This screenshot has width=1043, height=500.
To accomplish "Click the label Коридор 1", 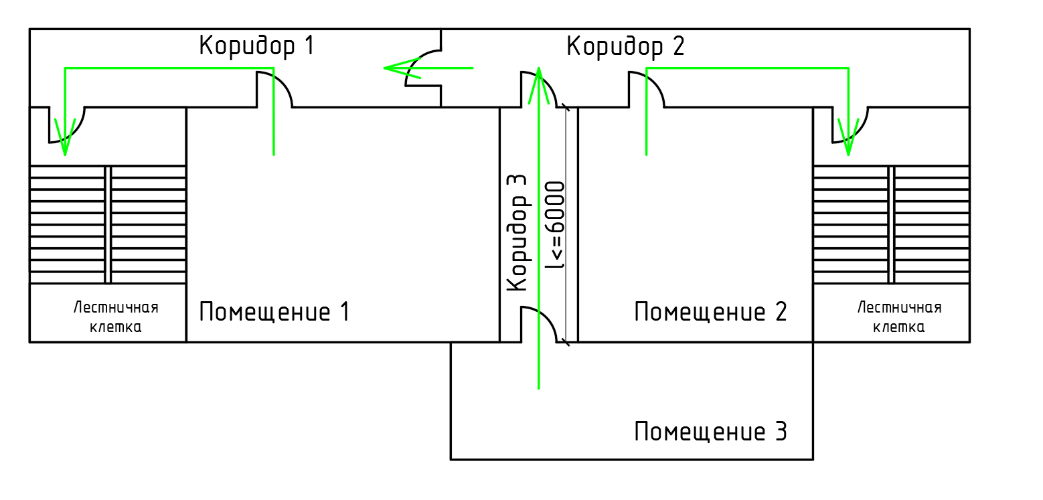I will [x=256, y=46].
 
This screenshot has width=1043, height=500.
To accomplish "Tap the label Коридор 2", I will [x=625, y=47].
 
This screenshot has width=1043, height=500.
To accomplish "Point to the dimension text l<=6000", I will [x=556, y=225].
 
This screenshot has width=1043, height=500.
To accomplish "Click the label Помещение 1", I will [x=274, y=312].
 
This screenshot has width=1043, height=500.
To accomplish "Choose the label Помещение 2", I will [x=710, y=312].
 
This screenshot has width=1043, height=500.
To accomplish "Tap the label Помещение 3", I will [x=710, y=432].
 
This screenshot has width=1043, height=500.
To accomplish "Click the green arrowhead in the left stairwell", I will [x=65, y=141].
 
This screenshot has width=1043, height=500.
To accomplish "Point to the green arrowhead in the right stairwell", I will [x=848, y=141].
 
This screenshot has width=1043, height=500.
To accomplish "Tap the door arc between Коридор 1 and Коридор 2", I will [x=415, y=61].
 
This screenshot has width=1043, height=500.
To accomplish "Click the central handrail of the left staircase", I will [x=108, y=225].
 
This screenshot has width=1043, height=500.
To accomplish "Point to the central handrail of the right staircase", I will [x=891, y=225].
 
